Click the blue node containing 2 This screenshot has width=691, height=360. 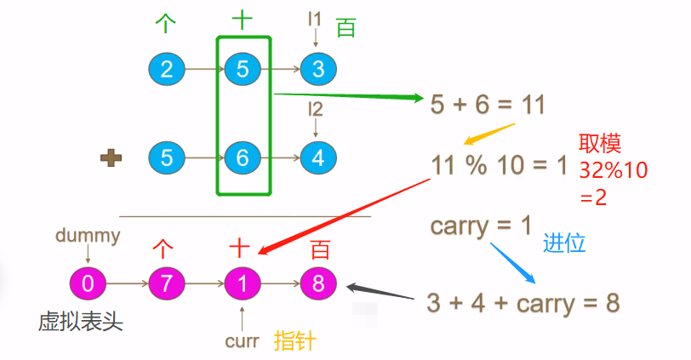[166, 69]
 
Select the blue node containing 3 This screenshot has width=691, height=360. [318, 69]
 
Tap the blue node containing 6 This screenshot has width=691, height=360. [243, 157]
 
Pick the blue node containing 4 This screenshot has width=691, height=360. [318, 157]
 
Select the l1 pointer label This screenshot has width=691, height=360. [316, 18]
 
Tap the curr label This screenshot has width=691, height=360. [242, 341]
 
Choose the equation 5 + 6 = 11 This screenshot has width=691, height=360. [488, 105]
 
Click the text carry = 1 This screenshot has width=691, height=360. [481, 226]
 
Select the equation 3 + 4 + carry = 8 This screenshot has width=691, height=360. [522, 302]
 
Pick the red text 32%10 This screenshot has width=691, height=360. [613, 169]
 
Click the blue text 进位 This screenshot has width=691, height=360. [564, 243]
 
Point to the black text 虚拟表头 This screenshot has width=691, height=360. [81, 321]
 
